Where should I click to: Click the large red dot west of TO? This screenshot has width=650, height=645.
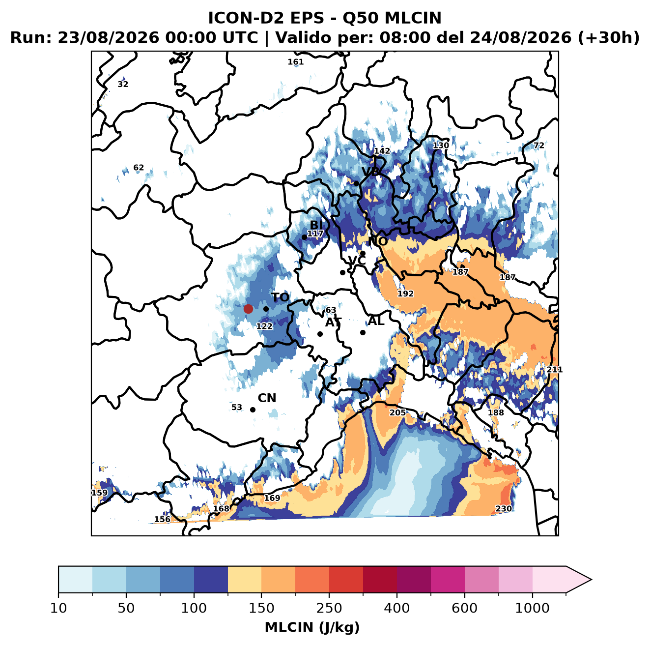coord(248,309)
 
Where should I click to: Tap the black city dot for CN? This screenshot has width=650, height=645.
coord(253,410)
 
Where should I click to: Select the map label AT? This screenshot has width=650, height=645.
coord(333,322)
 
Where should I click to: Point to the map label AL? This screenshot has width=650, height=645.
coord(376,321)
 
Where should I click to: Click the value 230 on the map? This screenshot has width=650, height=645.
coord(503,509)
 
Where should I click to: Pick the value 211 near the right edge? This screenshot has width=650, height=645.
coord(554,369)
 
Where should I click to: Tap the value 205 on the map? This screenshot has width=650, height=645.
coord(397,412)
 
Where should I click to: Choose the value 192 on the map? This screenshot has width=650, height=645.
coord(405,293)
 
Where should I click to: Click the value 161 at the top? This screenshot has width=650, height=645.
coord(295,62)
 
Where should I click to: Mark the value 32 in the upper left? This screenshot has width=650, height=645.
coord(123,84)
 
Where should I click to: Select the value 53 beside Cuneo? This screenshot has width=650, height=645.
coord(237,408)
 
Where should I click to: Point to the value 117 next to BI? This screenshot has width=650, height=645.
coord(315,234)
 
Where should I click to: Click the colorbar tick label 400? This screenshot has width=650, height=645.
coord(396,608)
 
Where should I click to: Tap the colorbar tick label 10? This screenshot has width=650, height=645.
coord(58,608)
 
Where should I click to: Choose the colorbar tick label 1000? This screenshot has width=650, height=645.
coord(532,608)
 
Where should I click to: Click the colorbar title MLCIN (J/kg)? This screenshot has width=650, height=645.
coord(312,627)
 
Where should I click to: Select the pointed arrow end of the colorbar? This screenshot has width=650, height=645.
coord(591,580)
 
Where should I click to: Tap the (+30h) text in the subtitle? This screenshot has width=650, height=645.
coord(609,38)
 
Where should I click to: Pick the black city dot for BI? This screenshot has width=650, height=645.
coord(304,237)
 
